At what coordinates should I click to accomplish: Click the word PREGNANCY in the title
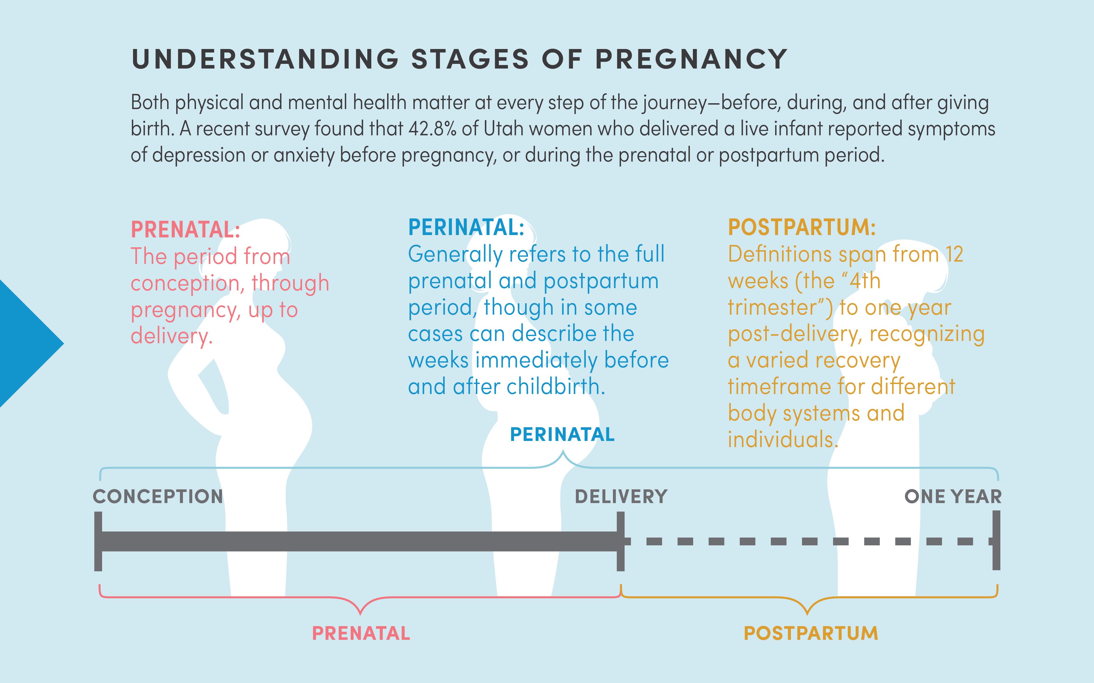[x=691, y=59]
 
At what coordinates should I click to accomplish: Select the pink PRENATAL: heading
[x=185, y=230]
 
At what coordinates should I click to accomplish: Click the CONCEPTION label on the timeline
[x=158, y=496]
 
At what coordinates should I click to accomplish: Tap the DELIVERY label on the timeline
[x=621, y=496]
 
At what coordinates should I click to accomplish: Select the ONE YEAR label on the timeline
[x=953, y=496]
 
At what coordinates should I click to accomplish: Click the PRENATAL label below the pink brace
[x=361, y=633]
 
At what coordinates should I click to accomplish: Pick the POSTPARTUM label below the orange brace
[x=811, y=633]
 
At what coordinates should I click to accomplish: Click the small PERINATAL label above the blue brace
[x=562, y=435]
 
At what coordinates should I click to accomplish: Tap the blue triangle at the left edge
[x=27, y=343]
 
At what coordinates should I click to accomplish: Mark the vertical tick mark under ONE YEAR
[x=996, y=540]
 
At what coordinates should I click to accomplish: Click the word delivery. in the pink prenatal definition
[x=171, y=336]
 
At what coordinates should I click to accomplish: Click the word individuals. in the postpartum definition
[x=783, y=439]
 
